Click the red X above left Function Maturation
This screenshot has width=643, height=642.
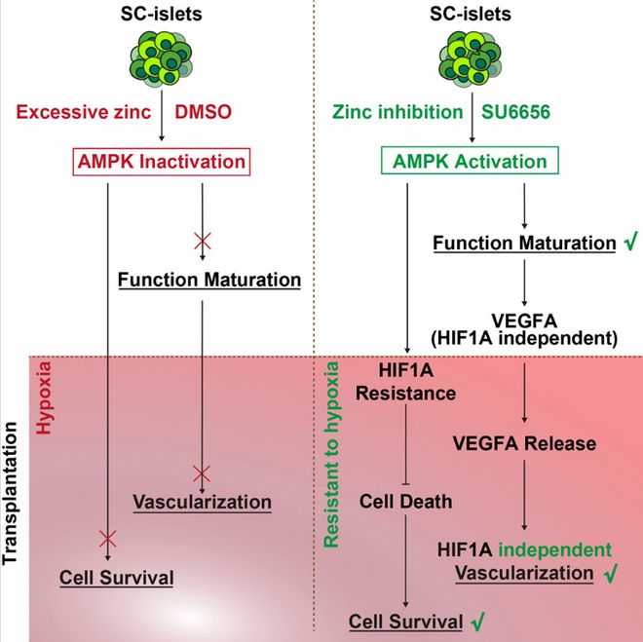point(200,238)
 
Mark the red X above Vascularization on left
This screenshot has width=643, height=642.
point(201,474)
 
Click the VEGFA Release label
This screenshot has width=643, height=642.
point(525,443)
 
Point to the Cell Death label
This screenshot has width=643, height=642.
point(405,502)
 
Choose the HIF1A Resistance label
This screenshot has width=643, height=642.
point(405,382)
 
